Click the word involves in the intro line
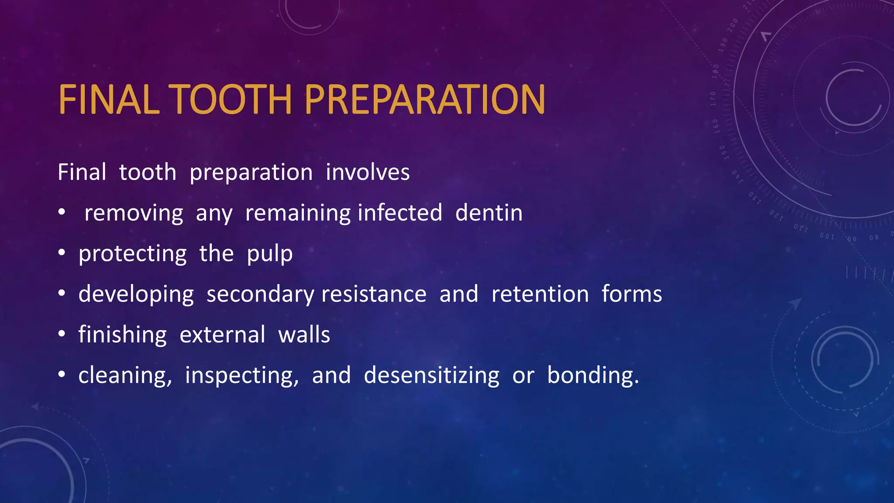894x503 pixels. tap(368, 172)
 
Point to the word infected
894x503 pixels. tap(400, 213)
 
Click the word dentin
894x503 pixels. tap(488, 213)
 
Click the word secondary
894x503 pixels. tap(260, 294)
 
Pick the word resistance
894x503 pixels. tap(374, 294)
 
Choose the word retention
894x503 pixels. tap(540, 294)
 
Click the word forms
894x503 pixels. tap(632, 294)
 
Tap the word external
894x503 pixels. tap(222, 335)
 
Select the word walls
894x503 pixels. tap(304, 335)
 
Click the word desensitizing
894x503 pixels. tap(431, 376)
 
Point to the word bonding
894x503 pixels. tap(592, 376)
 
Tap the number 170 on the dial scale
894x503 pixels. tap(713, 99)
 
